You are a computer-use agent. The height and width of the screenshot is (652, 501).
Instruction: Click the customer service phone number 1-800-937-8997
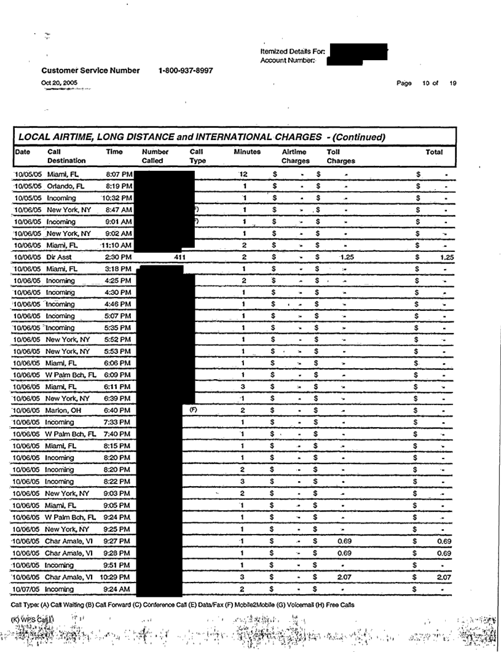[186, 71]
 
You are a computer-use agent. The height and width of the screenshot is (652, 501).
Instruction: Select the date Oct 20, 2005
[57, 82]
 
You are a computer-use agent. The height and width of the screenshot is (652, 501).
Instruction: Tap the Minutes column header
[247, 151]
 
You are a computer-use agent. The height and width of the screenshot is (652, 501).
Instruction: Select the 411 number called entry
[179, 257]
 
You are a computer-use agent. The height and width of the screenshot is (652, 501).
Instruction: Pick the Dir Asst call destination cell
[60, 257]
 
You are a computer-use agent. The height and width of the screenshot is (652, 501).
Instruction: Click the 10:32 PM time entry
[117, 198]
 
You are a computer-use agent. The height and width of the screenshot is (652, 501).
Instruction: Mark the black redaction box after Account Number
[344, 60]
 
